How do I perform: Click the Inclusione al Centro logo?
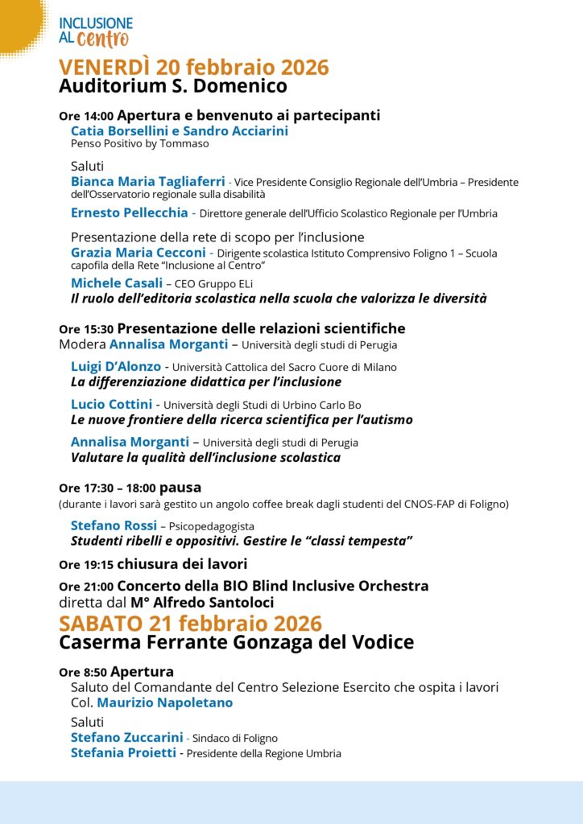point(95,31)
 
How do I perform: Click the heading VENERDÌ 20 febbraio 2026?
point(193,67)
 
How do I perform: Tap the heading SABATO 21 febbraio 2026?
point(190,623)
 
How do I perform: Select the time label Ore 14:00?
point(86,116)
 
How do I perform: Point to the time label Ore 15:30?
point(86,329)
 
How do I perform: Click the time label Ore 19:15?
point(86,564)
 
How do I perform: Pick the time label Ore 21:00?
point(86,587)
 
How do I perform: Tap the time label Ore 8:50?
point(83,672)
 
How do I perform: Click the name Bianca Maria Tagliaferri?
point(148,181)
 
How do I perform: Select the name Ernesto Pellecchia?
point(129,213)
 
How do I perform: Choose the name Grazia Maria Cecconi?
point(138,252)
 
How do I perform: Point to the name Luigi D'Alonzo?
point(116,366)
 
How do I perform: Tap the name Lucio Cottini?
point(111,404)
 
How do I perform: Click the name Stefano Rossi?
point(114,525)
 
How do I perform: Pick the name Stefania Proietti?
point(123,753)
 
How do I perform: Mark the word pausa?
point(180,488)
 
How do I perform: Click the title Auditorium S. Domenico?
point(172,86)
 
